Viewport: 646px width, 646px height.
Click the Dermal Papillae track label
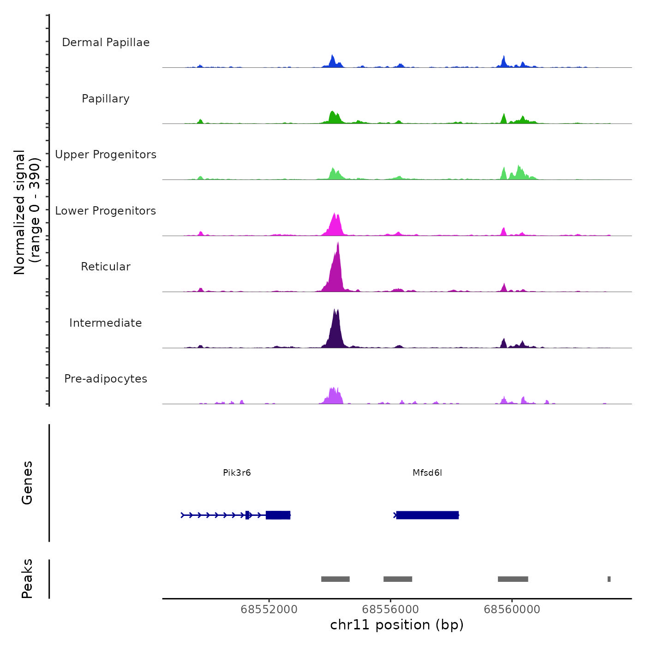106,42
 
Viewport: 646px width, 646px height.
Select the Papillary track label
106,99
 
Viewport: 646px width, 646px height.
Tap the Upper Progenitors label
106,155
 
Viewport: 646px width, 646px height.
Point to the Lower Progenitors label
106,211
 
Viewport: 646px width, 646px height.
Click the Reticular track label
106,267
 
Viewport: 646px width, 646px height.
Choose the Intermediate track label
106,323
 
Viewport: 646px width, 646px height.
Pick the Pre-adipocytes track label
106,379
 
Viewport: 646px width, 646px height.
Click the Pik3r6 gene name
237,473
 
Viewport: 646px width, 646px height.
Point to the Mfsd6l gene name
427,473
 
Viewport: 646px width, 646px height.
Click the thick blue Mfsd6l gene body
427,515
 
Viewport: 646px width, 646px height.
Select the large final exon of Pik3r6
278,515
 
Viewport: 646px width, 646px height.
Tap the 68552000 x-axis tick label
269,610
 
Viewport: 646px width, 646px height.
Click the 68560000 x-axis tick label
512,610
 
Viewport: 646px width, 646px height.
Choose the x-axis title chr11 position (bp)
397,625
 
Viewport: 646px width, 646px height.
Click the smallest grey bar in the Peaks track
609,579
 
